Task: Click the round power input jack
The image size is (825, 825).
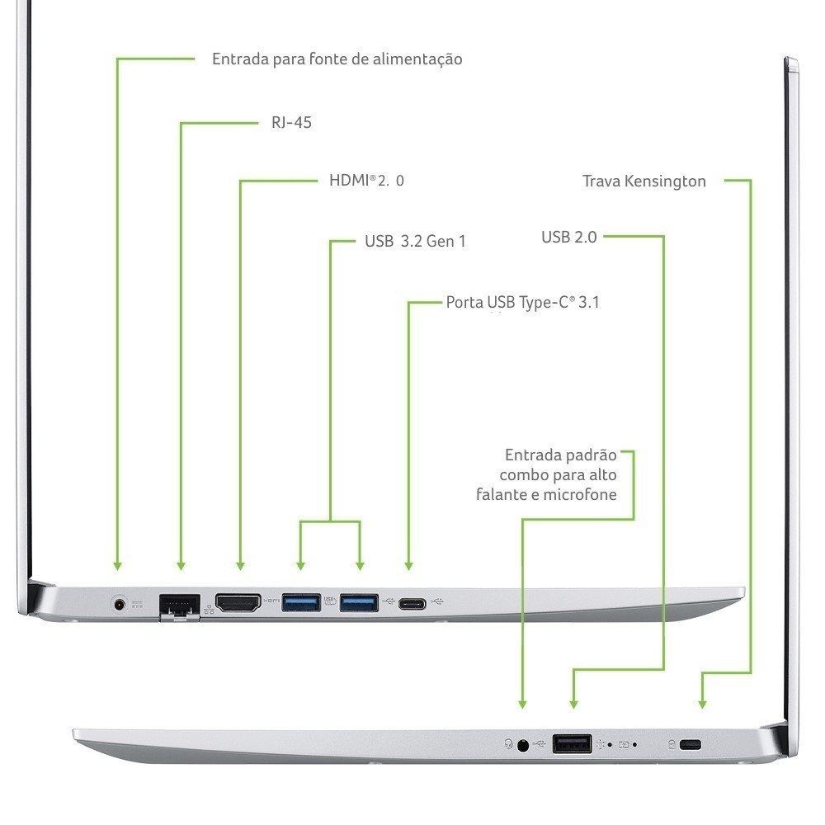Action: click(121, 604)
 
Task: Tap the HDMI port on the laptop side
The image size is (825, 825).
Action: click(238, 603)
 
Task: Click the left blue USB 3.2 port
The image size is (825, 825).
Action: click(300, 603)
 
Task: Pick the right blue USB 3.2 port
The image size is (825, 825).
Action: click(360, 603)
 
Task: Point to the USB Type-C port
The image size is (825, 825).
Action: click(410, 604)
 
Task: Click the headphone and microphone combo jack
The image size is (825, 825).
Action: click(522, 745)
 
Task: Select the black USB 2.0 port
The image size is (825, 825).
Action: click(572, 744)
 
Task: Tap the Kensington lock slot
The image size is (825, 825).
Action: click(691, 745)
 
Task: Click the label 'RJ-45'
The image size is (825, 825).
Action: click(291, 123)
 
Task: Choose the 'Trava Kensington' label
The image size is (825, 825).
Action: click(643, 181)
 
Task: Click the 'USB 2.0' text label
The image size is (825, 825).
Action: click(568, 238)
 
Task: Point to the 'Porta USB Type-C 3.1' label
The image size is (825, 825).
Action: click(522, 303)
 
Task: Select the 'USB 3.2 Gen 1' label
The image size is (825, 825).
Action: click(415, 242)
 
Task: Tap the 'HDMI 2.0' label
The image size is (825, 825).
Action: click(366, 181)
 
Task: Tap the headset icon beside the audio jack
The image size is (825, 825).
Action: click(507, 744)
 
